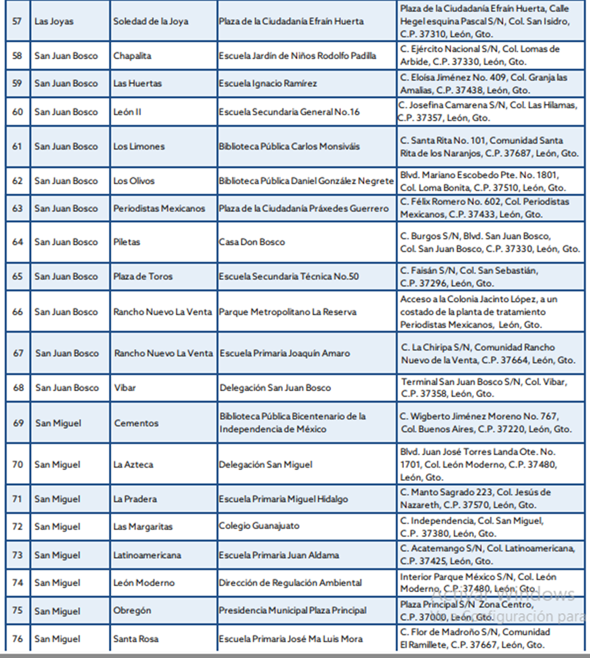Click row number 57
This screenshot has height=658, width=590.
click(x=17, y=21)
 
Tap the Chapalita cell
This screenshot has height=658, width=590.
click(x=132, y=56)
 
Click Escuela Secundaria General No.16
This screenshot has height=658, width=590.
click(x=289, y=112)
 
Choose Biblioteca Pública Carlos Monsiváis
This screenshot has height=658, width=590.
click(x=289, y=147)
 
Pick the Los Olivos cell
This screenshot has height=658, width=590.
click(x=133, y=181)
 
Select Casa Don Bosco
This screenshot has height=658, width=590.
click(x=251, y=242)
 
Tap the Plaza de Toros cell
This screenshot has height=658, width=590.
click(x=142, y=276)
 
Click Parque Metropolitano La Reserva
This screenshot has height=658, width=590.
click(x=287, y=312)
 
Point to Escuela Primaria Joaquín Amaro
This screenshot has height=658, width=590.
click(x=284, y=353)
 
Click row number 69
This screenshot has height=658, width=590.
click(x=18, y=423)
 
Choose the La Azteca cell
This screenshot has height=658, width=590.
click(x=133, y=464)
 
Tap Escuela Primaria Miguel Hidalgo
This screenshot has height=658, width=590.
click(x=283, y=499)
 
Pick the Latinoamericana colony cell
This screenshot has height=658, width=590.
click(x=147, y=555)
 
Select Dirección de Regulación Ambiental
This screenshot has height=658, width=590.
click(x=290, y=583)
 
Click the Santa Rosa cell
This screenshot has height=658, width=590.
click(x=136, y=639)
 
